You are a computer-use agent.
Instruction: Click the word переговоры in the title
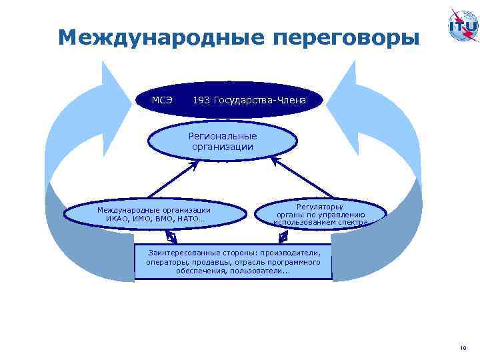coord(346,37)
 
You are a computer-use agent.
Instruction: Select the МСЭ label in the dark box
coord(162,100)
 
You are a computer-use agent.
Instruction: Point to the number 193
coord(201,100)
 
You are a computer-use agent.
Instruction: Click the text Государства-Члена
coord(260,100)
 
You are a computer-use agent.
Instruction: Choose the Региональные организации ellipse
coord(222,141)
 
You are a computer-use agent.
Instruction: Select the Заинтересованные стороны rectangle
coord(233,262)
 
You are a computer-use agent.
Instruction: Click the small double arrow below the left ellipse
coord(171,237)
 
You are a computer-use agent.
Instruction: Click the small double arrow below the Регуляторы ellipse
coord(283,236)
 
